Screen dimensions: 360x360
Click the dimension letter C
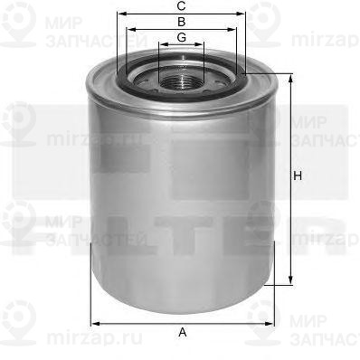point(182,6)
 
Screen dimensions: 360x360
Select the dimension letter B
point(182,21)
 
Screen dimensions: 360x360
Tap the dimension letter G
point(182,37)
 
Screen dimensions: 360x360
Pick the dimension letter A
point(182,333)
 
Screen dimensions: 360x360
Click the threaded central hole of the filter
point(182,80)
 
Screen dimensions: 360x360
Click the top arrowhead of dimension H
point(290,79)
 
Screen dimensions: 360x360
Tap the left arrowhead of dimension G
point(160,45)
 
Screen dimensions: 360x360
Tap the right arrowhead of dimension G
point(204,45)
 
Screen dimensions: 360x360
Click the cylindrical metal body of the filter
point(181,199)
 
